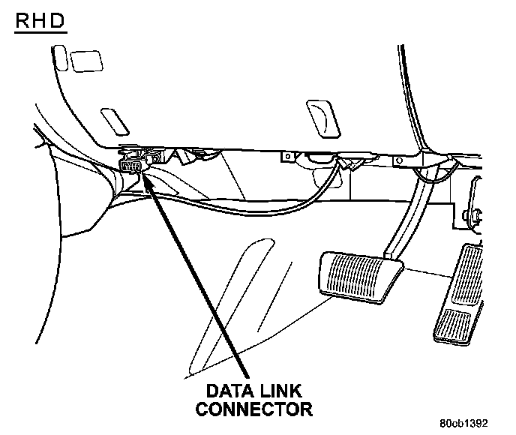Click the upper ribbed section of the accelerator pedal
pos(469,270)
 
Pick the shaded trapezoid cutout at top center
pos(319,116)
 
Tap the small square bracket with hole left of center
pos(286,157)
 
